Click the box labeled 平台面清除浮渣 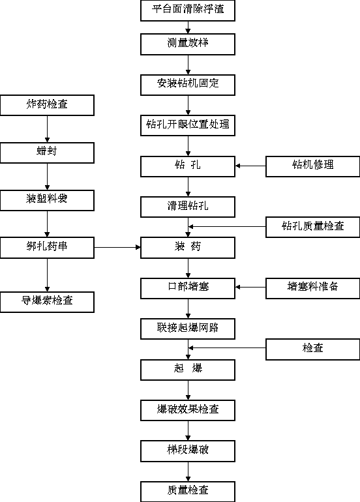click(188, 10)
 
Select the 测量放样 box click(188, 44)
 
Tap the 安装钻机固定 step click(188, 85)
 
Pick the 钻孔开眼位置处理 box click(188, 125)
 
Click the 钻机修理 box click(312, 166)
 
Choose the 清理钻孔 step click(188, 207)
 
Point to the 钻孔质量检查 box click(312, 227)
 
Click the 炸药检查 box click(47, 105)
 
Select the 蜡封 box click(47, 153)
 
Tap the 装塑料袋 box click(47, 200)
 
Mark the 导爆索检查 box click(47, 302)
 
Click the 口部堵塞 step click(188, 288)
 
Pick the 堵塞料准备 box click(312, 288)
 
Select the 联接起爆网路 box click(188, 329)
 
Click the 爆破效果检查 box click(188, 410)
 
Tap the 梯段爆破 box click(188, 450)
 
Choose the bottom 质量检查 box click(188, 492)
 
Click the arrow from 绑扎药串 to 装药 click(117, 247)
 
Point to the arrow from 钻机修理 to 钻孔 click(250, 166)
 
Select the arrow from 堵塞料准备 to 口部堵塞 click(250, 287)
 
